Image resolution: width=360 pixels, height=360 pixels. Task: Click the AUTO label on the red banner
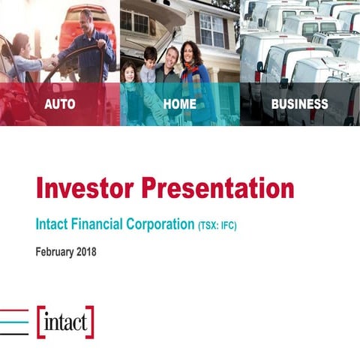click(60, 104)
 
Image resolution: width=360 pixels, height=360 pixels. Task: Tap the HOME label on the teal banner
click(179, 104)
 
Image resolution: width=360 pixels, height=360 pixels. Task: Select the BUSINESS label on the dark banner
click(299, 104)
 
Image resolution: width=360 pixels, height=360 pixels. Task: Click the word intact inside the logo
click(65, 324)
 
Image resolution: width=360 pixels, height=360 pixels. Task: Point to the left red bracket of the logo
click(40, 322)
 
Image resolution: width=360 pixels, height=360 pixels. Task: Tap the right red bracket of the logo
click(90, 322)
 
